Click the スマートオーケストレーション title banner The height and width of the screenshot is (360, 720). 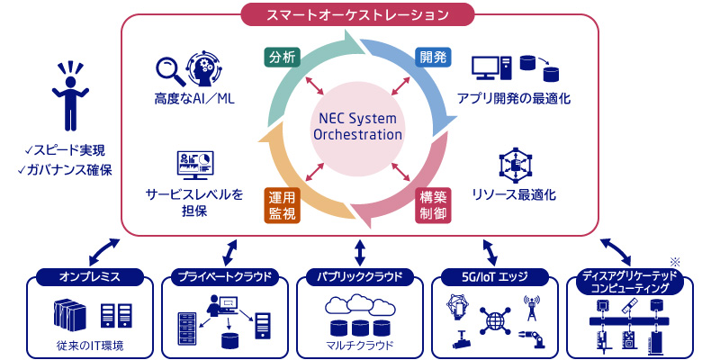pyautogui.click(x=356, y=14)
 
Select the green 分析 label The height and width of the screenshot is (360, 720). pyautogui.click(x=283, y=58)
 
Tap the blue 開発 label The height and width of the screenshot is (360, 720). pyautogui.click(x=434, y=57)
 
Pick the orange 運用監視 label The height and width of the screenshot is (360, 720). pyautogui.click(x=283, y=205)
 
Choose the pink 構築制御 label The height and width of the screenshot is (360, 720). pyautogui.click(x=434, y=205)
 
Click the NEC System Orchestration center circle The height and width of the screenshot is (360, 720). pyautogui.click(x=356, y=127)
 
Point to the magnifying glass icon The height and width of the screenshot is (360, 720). pyautogui.click(x=170, y=72)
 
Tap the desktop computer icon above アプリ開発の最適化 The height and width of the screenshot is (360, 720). pyautogui.click(x=490, y=70)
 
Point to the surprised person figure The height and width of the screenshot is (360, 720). pyautogui.click(x=70, y=95)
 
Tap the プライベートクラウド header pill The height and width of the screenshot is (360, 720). pyautogui.click(x=225, y=277)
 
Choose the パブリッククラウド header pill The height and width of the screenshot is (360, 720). pyautogui.click(x=359, y=277)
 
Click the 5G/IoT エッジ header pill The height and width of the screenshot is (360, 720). pyautogui.click(x=494, y=277)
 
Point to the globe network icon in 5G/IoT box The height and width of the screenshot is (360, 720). pyautogui.click(x=494, y=319)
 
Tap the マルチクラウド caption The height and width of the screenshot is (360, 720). pyautogui.click(x=359, y=345)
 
